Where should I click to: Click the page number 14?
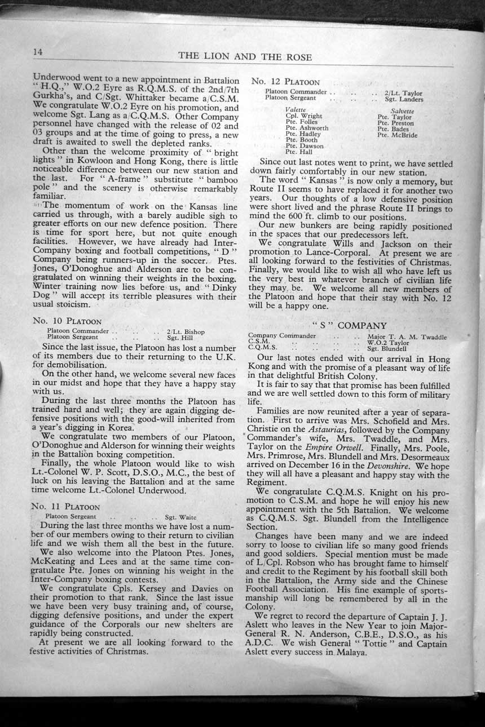38,52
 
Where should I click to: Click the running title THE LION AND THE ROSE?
245,57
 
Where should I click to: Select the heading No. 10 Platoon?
67,321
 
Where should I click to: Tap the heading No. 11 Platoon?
67,506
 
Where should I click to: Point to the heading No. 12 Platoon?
285,82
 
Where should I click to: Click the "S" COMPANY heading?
349,325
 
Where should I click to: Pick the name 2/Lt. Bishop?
186,331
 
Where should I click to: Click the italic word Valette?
296,110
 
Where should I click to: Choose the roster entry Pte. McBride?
397,135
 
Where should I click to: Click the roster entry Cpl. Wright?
304,116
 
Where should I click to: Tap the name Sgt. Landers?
404,99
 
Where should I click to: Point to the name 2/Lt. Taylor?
403,93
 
